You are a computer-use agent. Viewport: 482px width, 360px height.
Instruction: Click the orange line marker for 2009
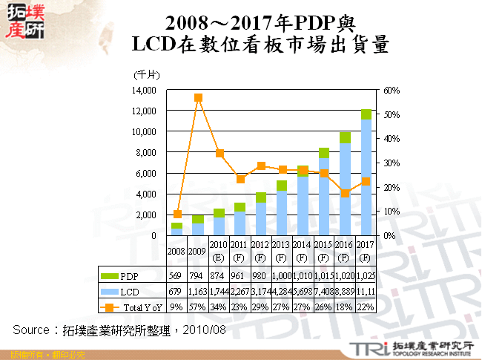click(198, 97)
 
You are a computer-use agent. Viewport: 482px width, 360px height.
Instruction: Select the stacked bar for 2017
click(366, 172)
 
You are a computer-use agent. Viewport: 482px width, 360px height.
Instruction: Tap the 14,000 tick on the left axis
click(144, 90)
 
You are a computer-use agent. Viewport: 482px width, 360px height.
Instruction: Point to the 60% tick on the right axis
click(392, 90)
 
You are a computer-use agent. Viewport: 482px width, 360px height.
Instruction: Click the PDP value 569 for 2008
click(176, 277)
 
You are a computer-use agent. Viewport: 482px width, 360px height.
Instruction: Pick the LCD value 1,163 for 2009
click(198, 292)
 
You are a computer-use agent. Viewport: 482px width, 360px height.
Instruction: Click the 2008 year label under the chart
click(176, 252)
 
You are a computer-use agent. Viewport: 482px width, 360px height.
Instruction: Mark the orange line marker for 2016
click(346, 193)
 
